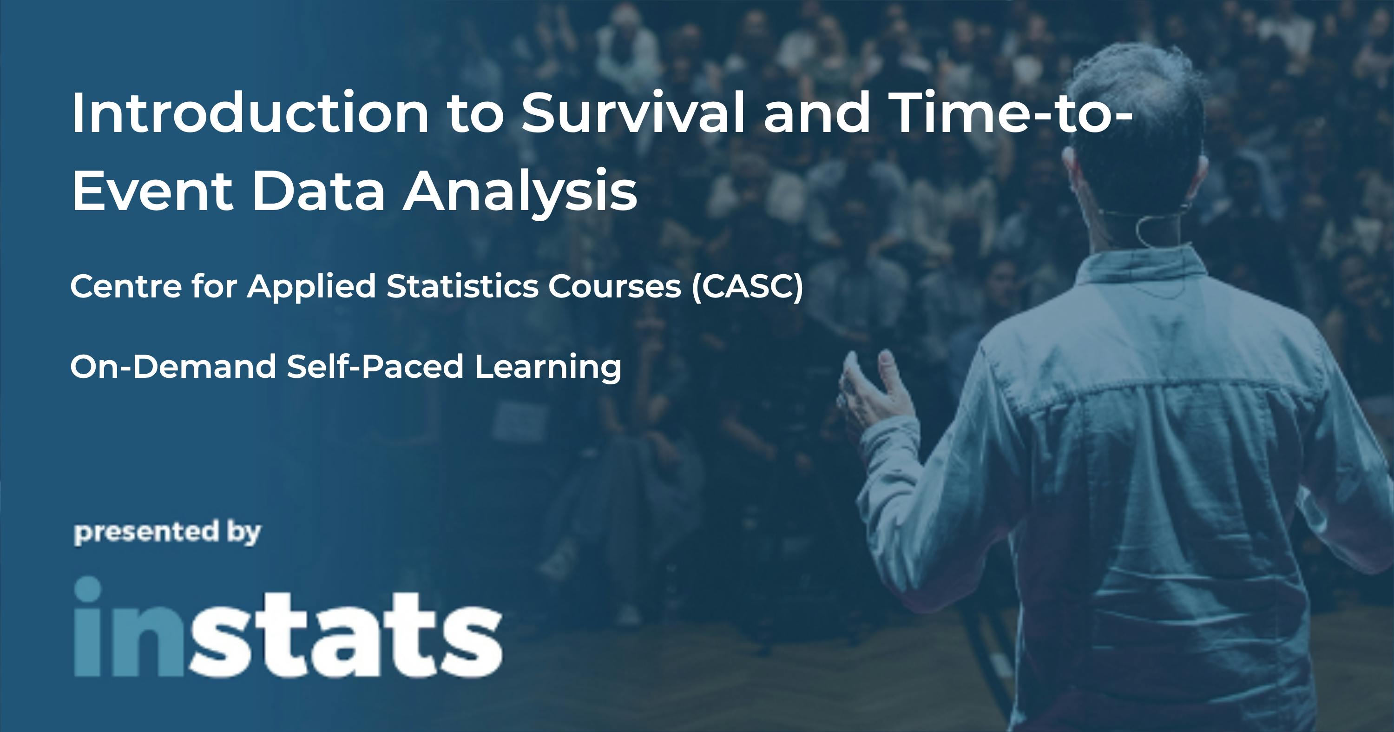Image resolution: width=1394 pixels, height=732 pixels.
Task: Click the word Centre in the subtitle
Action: click(x=125, y=286)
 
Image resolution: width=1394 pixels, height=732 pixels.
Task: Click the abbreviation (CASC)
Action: click(x=747, y=286)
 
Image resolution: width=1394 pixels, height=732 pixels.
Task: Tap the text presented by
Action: click(x=167, y=533)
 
